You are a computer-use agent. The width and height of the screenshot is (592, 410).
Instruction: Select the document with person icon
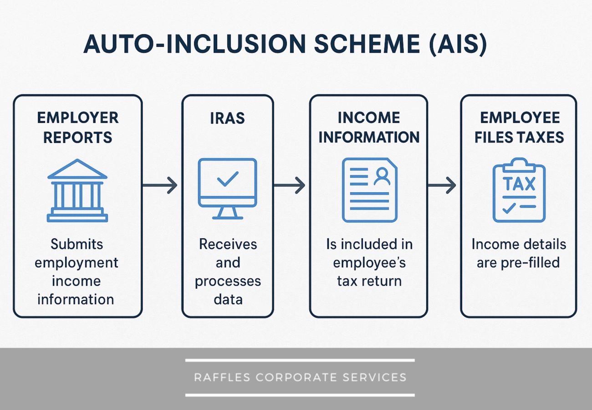click(x=369, y=190)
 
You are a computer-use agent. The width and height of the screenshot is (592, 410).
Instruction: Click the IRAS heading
click(x=227, y=118)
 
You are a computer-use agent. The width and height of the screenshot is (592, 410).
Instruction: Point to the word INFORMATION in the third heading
click(x=368, y=137)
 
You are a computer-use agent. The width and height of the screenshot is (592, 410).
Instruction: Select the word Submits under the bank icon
click(x=77, y=244)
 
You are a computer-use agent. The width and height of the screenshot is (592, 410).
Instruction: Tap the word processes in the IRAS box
click(x=228, y=281)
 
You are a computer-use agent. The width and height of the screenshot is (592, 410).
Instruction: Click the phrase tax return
click(x=369, y=281)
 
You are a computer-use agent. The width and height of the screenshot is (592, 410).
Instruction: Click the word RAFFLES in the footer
click(x=223, y=377)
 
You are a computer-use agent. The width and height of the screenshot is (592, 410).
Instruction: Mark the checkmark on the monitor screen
click(x=227, y=179)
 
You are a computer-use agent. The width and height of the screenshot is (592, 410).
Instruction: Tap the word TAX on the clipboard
click(x=519, y=184)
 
